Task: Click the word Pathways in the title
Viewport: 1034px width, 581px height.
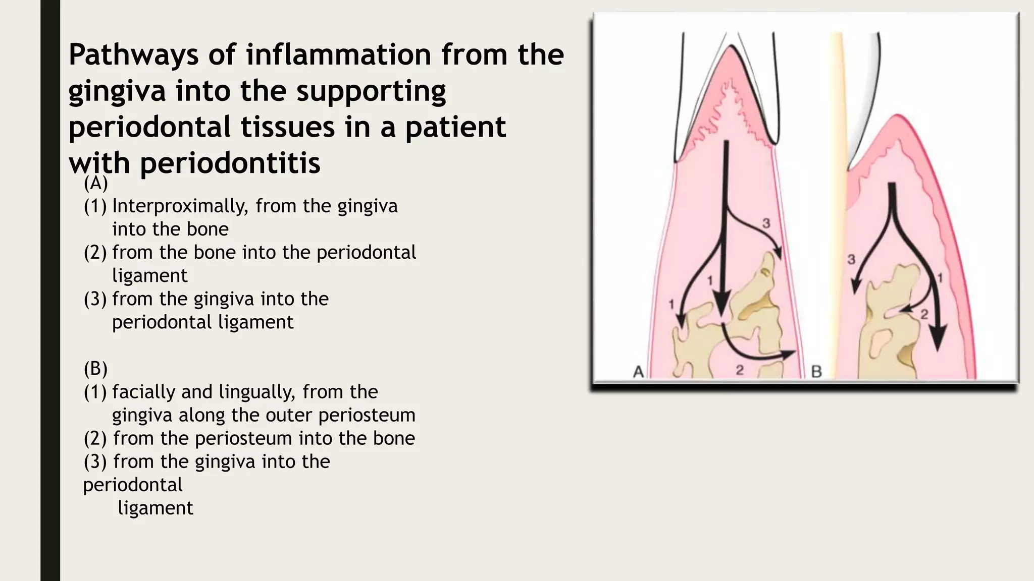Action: [133, 55]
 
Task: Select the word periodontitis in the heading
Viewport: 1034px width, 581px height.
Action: [230, 163]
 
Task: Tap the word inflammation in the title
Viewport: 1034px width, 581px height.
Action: [339, 54]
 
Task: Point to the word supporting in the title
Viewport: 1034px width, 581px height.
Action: [371, 91]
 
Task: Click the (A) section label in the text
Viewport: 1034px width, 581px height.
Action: [95, 183]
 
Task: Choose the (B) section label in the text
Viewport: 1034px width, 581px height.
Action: [95, 369]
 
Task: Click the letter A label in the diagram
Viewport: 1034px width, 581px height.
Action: [638, 372]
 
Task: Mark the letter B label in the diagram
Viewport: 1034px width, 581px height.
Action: [816, 372]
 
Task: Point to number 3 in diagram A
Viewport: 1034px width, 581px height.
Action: [766, 222]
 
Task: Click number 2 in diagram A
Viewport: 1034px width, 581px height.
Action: [740, 370]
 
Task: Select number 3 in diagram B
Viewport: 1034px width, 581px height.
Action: [851, 260]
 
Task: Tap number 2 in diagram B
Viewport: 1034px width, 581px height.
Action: [924, 315]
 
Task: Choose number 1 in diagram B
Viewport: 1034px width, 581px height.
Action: [940, 277]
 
